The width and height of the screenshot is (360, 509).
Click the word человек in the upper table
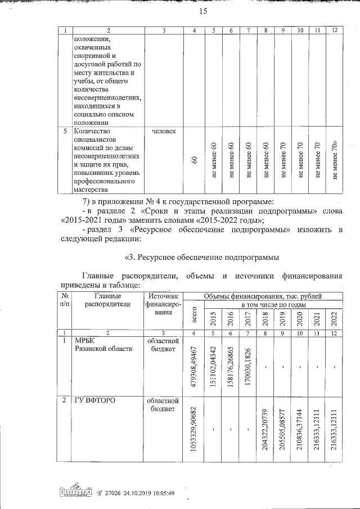coord(164,131)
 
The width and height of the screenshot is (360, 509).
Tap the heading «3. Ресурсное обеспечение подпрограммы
coord(201,258)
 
